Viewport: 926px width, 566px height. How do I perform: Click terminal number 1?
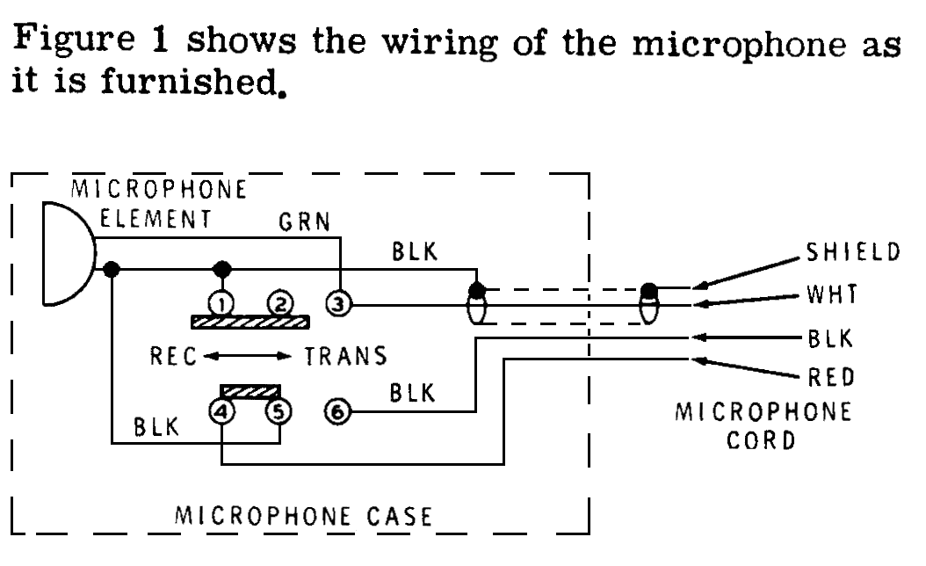point(222,304)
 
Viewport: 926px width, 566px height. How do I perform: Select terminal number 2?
point(279,304)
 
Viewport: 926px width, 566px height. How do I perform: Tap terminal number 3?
point(338,305)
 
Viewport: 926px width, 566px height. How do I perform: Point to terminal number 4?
point(222,409)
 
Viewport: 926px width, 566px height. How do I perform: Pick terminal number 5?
point(279,409)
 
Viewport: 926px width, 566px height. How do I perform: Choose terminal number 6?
point(338,409)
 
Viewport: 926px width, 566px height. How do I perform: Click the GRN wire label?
point(304,222)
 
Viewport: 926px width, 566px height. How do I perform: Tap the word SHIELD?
point(851,252)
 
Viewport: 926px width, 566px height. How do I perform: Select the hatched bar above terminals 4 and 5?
point(251,390)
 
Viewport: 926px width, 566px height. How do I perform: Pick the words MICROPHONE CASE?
point(304,515)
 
